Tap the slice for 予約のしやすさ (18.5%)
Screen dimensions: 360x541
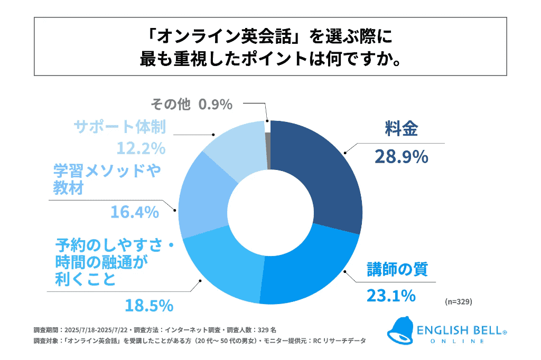tap(222, 267)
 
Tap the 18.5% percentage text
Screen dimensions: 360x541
tap(149, 305)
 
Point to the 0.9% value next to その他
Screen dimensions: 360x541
tap(216, 105)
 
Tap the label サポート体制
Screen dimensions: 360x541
tap(120, 127)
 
